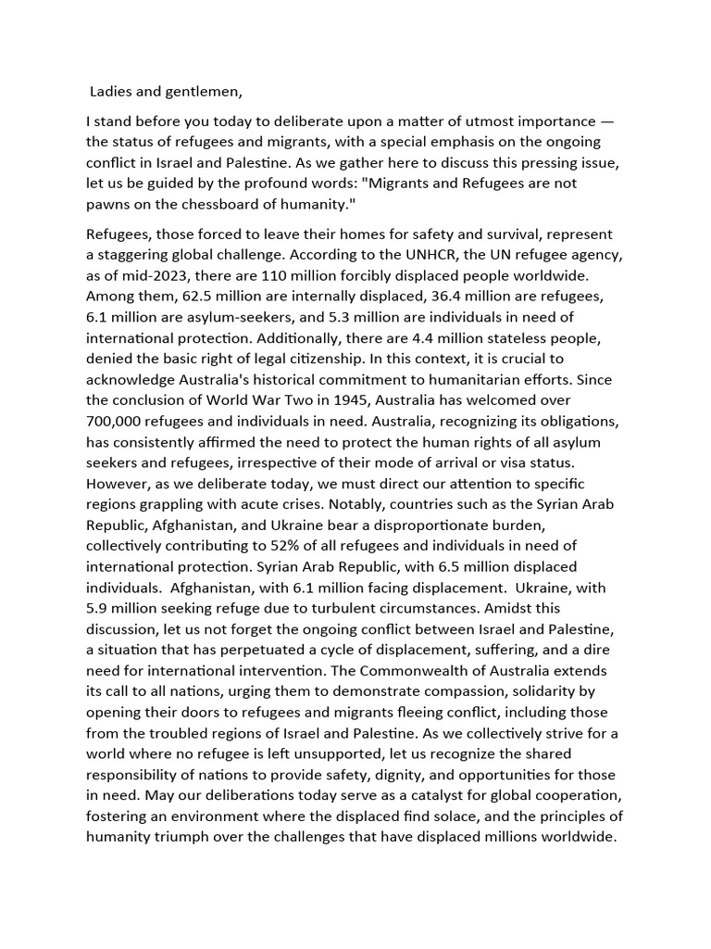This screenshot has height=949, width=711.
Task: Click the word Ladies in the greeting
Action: [111, 91]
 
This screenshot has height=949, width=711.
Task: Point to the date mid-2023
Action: [150, 276]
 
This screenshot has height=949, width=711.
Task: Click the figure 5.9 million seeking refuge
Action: [97, 608]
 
